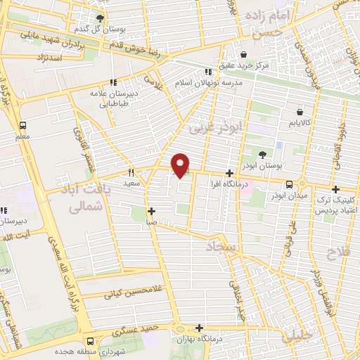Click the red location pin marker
pos(181,165)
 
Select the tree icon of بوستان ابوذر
pos(263,155)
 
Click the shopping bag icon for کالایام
pos(300,111)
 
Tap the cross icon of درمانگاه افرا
pos(229,173)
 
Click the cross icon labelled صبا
pos(151,210)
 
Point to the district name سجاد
pos(223,247)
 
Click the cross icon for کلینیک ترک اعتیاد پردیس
pos(336,188)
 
